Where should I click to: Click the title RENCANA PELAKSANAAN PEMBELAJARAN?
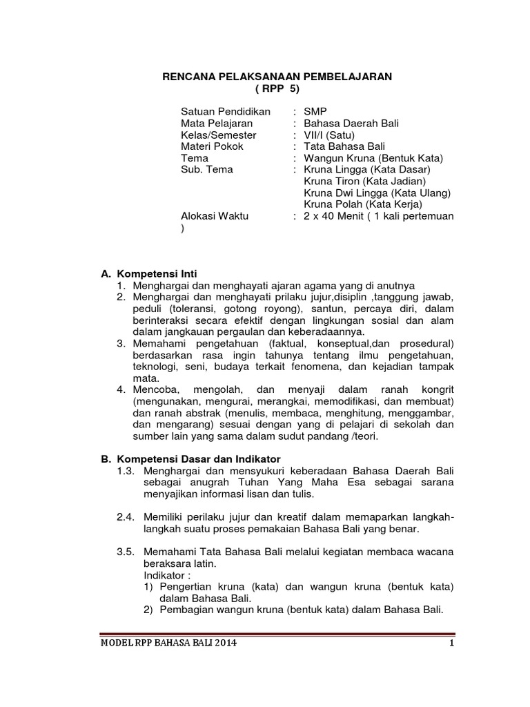[x=277, y=77]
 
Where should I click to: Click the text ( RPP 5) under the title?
[x=277, y=89]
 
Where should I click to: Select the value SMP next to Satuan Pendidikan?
[x=315, y=112]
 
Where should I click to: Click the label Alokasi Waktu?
[x=214, y=216]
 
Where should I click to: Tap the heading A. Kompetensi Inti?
[x=149, y=273]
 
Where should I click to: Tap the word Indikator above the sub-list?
[x=166, y=575]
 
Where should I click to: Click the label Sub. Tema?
[x=206, y=169]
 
